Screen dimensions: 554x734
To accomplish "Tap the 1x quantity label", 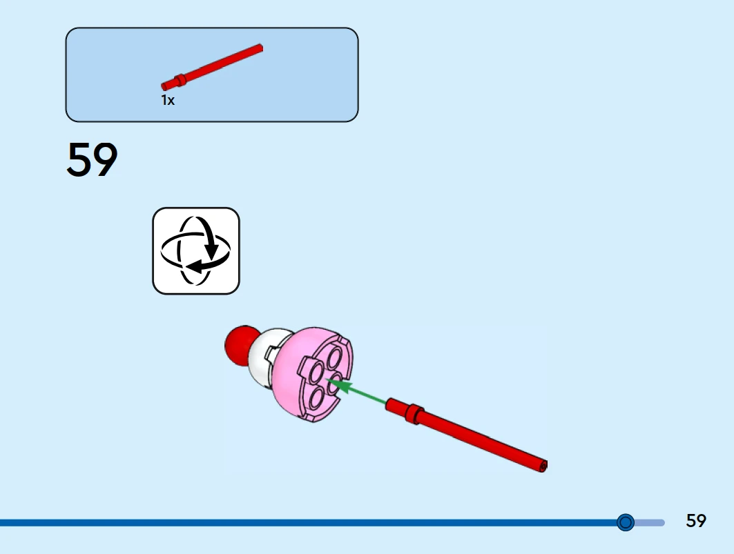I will point(168,100).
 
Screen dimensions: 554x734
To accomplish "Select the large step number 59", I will point(93,161).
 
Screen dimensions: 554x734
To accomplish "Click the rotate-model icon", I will point(195,250).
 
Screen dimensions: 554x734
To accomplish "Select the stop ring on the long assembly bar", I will point(413,412).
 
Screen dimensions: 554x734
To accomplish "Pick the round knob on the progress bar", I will point(626,522).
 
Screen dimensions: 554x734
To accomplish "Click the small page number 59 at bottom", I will point(696,521).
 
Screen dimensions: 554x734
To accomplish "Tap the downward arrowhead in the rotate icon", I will point(213,249).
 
